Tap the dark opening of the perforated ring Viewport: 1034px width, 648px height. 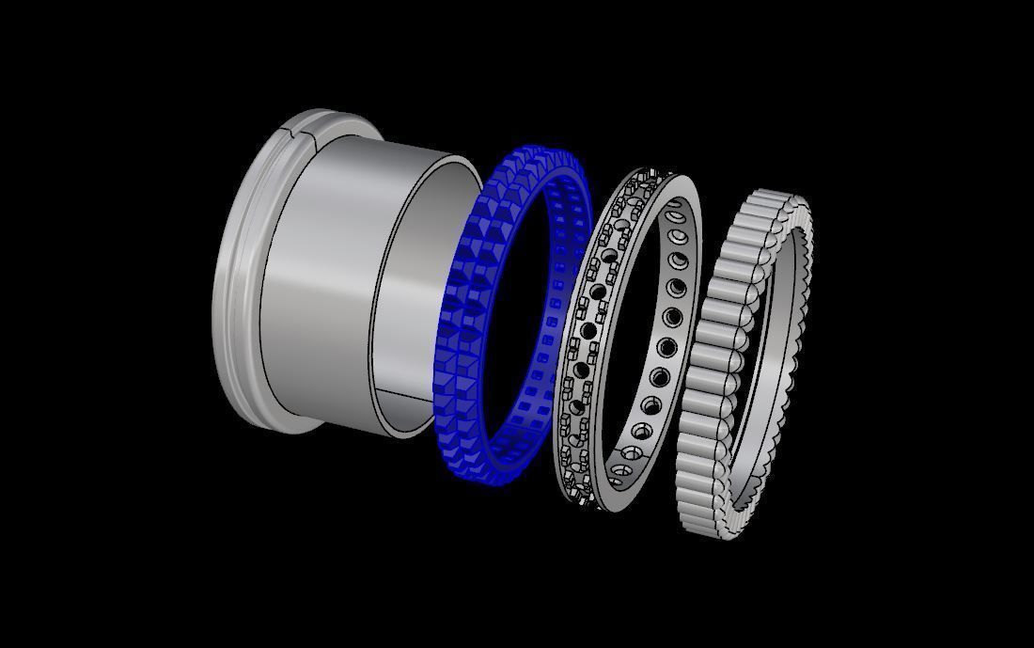pos(630,329)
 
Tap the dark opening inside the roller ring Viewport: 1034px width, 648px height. pos(761,367)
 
